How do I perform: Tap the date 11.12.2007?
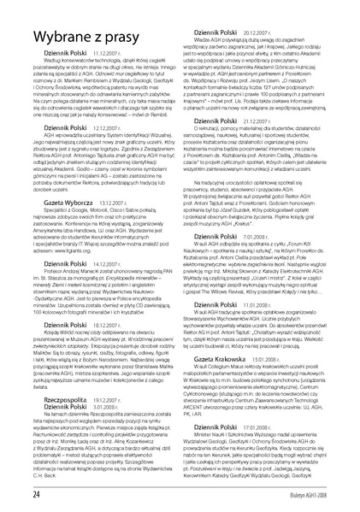(x=104, y=75)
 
